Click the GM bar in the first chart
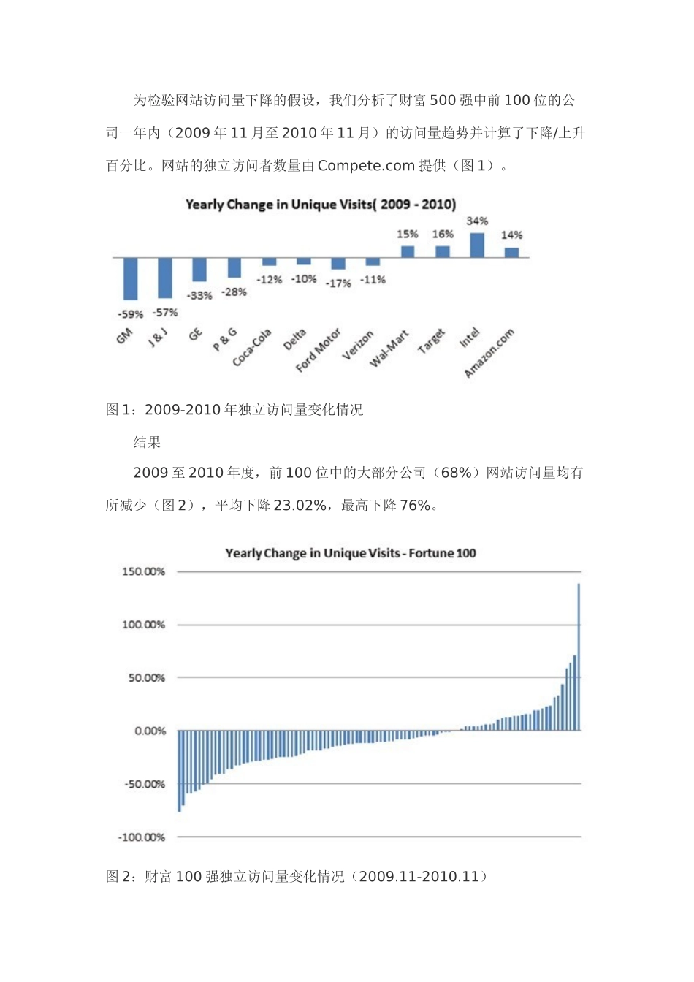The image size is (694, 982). click(x=130, y=278)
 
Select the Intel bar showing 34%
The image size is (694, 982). click(x=477, y=245)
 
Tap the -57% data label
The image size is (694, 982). click(x=164, y=313)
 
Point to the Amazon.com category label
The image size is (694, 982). click(x=489, y=354)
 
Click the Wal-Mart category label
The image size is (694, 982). click(x=389, y=349)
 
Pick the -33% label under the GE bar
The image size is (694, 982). click(x=199, y=296)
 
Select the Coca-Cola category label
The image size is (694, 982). click(x=252, y=347)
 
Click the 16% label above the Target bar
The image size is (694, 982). click(x=443, y=235)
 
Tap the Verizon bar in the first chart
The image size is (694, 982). click(x=373, y=262)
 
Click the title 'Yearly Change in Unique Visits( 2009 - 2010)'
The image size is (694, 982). click(x=321, y=205)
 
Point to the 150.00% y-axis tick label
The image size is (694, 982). click(x=143, y=571)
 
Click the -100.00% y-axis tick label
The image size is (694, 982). click(x=142, y=837)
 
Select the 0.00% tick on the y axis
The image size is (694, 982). click(x=150, y=731)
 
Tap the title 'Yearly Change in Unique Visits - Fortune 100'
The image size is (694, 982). click(x=351, y=553)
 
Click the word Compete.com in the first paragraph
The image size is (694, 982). click(x=366, y=166)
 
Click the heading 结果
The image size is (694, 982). click(x=147, y=442)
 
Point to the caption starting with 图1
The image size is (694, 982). click(x=234, y=410)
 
